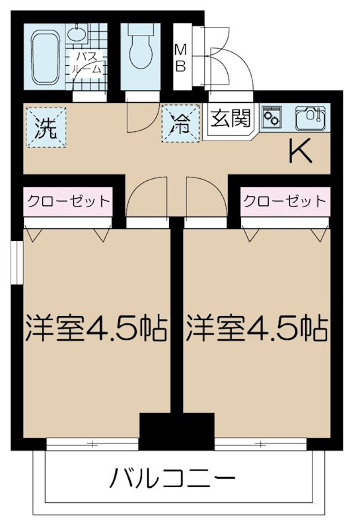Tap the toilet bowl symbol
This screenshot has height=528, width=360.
139,48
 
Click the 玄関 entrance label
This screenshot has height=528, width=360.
231,119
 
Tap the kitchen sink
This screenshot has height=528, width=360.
308,117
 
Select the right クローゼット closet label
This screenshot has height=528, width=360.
284,201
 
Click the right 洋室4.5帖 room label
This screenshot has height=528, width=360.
257,327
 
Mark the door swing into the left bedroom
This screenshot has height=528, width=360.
141,198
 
